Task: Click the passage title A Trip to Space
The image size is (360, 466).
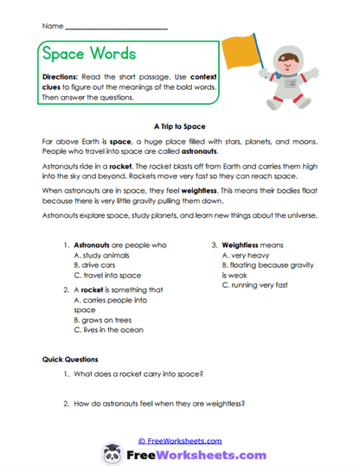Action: tap(180, 124)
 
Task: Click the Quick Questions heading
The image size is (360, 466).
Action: tap(70, 359)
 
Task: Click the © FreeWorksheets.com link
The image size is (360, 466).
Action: tap(180, 440)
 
